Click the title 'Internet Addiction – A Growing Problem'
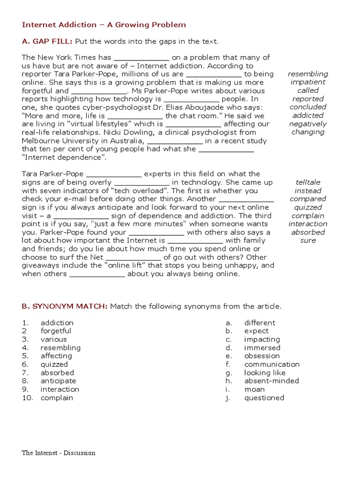click(x=104, y=25)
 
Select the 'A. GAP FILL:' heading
click(x=47, y=41)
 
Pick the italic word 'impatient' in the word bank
click(x=308, y=82)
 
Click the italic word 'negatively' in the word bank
click(x=308, y=124)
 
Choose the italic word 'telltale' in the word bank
click(x=308, y=182)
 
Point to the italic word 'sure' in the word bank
click(x=308, y=240)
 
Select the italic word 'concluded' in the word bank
click(x=308, y=107)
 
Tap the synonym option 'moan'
click(x=254, y=390)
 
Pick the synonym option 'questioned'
click(x=264, y=398)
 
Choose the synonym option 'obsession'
click(x=262, y=356)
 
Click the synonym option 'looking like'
click(x=264, y=373)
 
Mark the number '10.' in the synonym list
click(x=28, y=398)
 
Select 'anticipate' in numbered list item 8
click(x=58, y=381)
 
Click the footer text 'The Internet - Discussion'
click(x=58, y=453)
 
